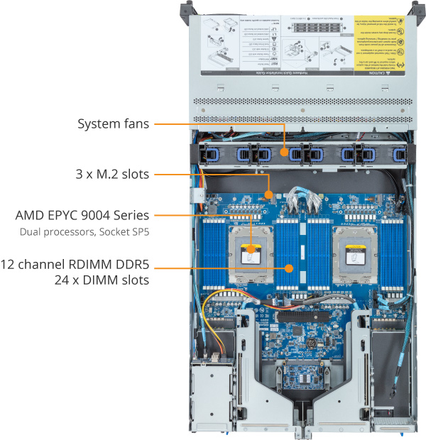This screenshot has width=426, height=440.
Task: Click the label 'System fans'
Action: [113, 124]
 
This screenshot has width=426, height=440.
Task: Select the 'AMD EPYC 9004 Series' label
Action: [84, 214]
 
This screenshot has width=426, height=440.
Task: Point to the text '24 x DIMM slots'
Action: [99, 280]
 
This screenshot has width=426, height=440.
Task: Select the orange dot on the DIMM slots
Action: [289, 268]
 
